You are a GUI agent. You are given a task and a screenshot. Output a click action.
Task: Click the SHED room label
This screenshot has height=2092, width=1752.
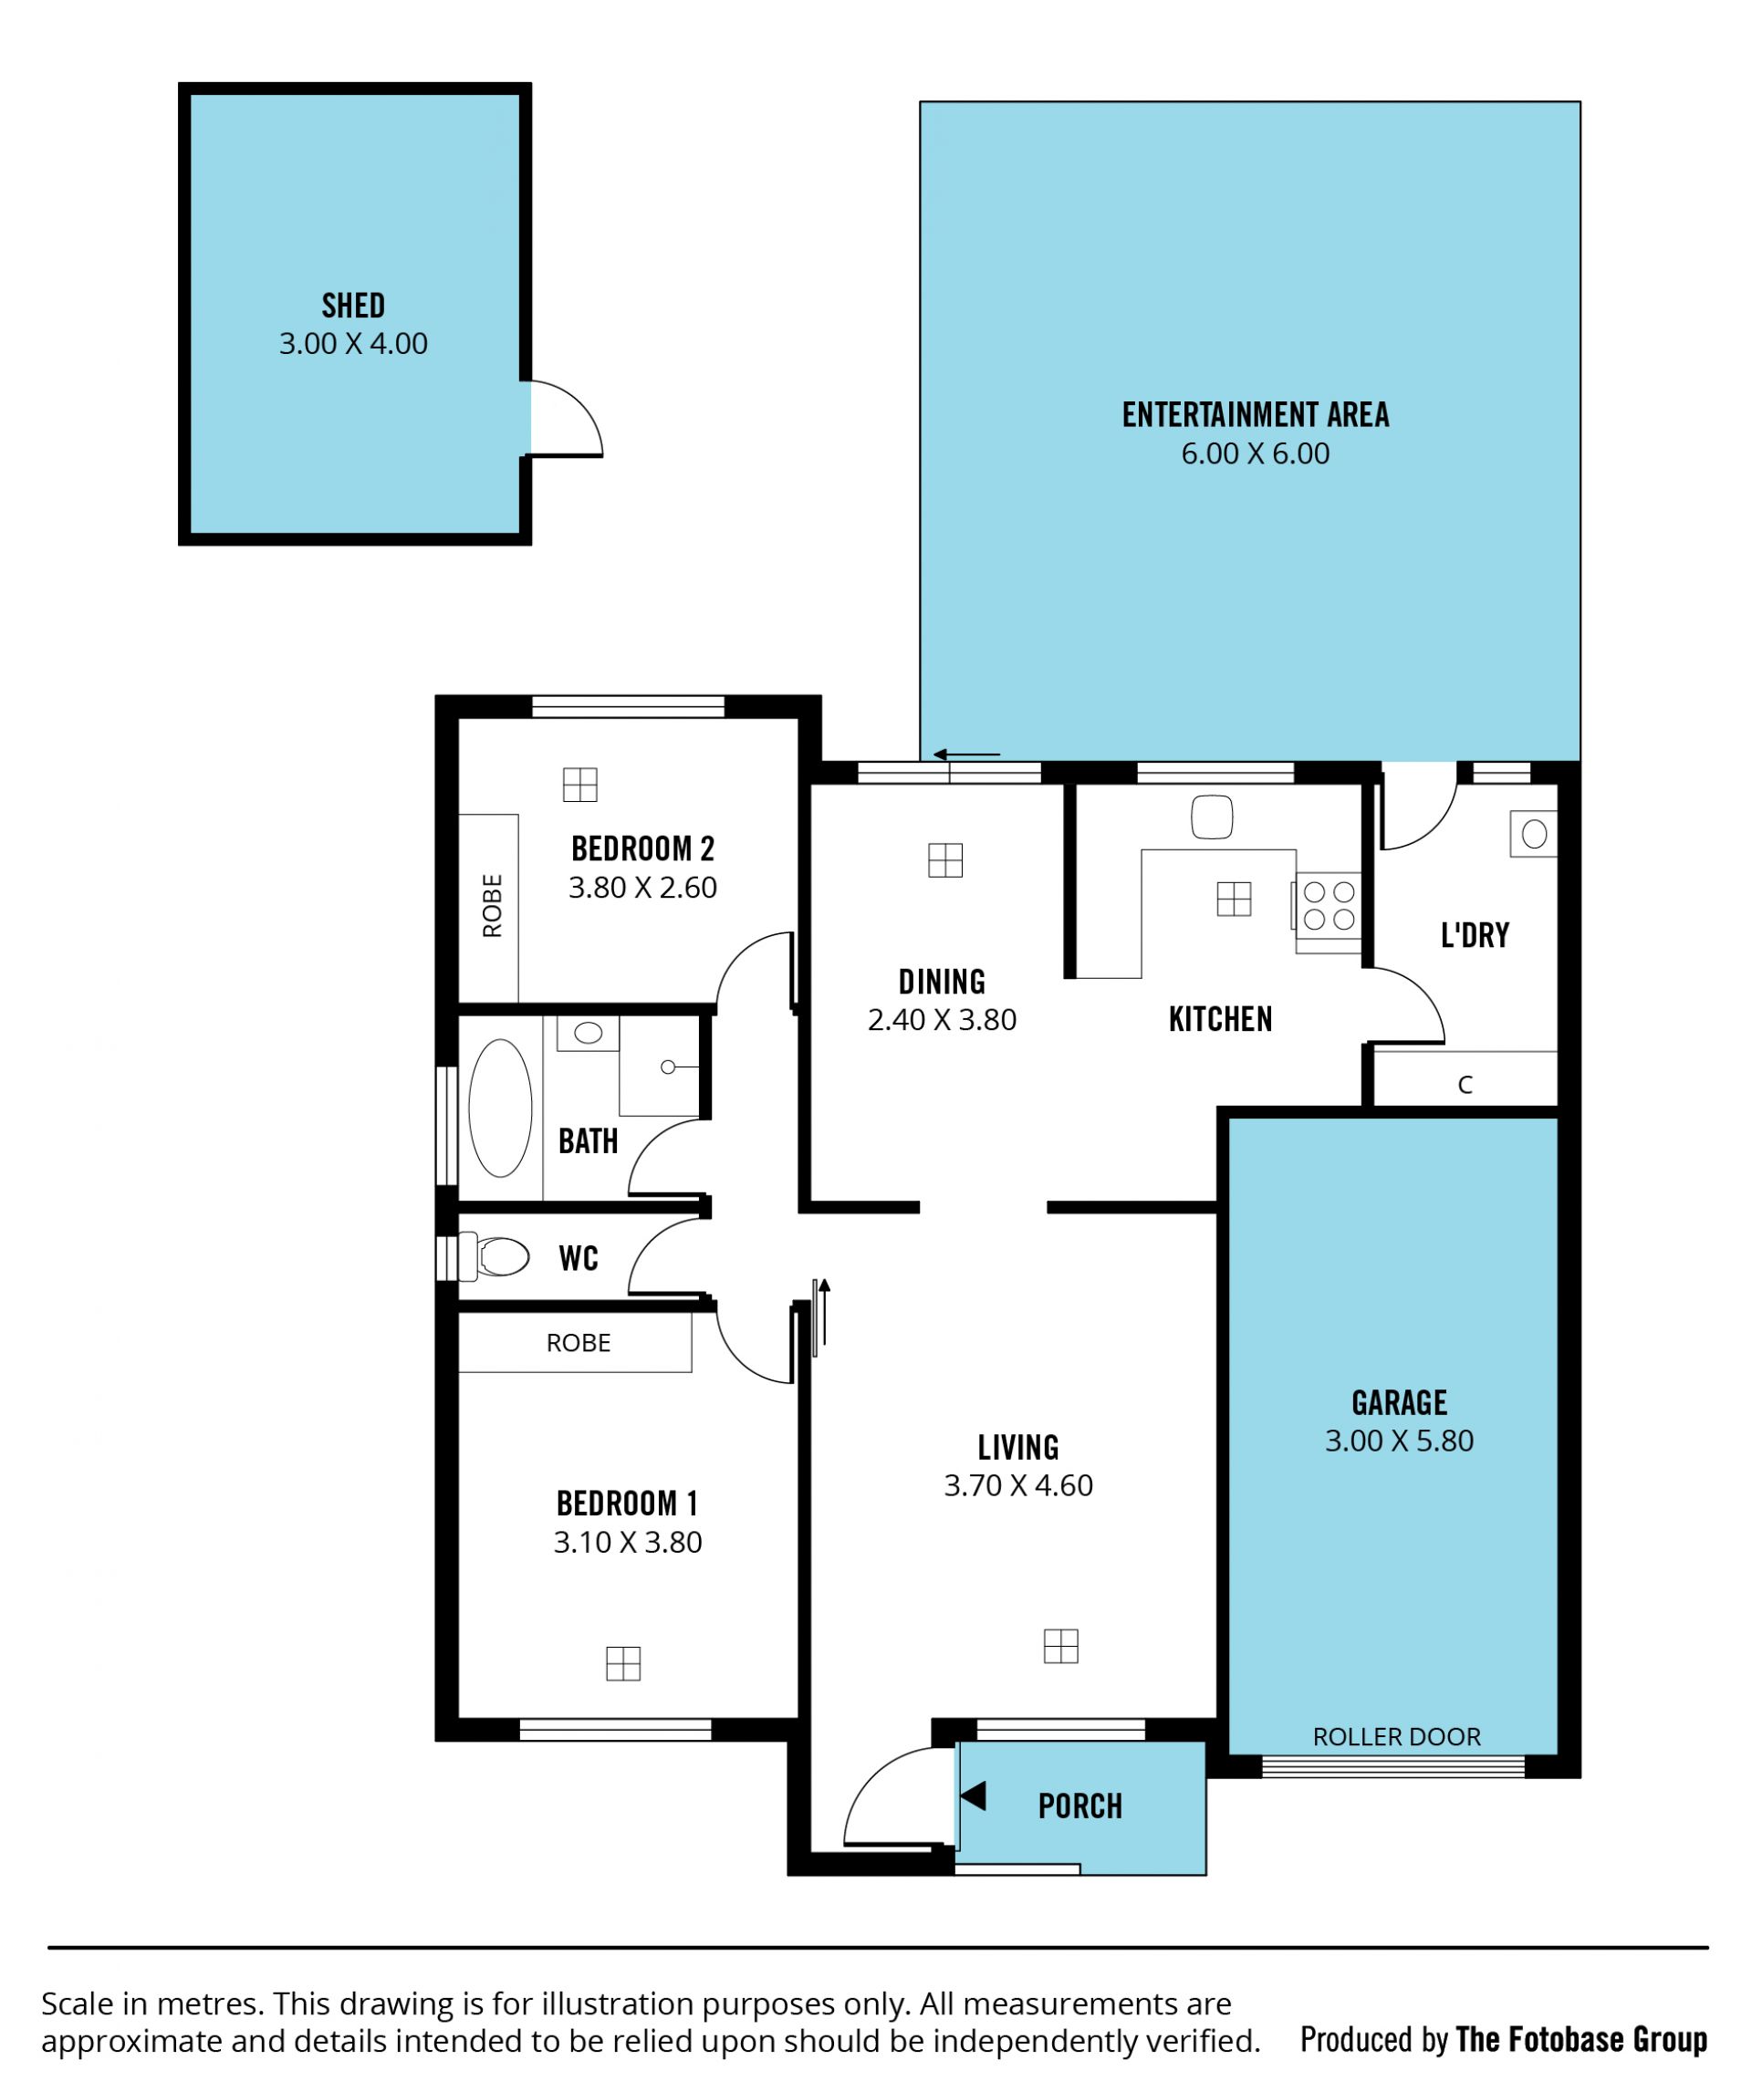click(x=353, y=305)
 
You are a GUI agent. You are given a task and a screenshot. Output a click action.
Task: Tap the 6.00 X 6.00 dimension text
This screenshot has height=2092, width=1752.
click(x=1255, y=453)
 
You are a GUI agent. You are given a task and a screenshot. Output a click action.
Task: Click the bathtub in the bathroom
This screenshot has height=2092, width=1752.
click(x=500, y=1108)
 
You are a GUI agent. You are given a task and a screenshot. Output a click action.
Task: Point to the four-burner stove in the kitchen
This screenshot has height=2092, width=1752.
click(x=1329, y=906)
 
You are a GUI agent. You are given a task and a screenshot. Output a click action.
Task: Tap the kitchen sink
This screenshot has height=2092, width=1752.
click(x=1212, y=817)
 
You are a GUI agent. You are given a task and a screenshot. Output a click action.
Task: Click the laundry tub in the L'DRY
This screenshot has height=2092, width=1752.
click(x=1534, y=834)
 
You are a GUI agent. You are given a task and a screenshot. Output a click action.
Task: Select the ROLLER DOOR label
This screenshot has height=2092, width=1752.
click(x=1396, y=1736)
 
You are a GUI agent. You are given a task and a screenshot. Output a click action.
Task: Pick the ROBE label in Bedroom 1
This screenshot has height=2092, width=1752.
click(x=578, y=1342)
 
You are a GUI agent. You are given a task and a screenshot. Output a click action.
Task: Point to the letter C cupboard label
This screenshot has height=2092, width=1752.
click(x=1465, y=1084)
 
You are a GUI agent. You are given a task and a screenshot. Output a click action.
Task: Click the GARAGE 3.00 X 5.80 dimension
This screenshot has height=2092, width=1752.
click(x=1398, y=1441)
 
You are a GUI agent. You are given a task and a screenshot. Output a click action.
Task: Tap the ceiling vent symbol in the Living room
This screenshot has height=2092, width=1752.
click(x=1060, y=1646)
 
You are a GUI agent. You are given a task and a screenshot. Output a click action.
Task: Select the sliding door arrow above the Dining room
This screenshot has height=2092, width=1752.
click(x=966, y=755)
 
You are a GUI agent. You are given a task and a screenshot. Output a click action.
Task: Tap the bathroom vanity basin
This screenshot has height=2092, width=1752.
click(x=588, y=1032)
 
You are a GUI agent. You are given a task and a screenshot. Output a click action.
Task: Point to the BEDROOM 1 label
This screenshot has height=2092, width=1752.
click(x=627, y=1503)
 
